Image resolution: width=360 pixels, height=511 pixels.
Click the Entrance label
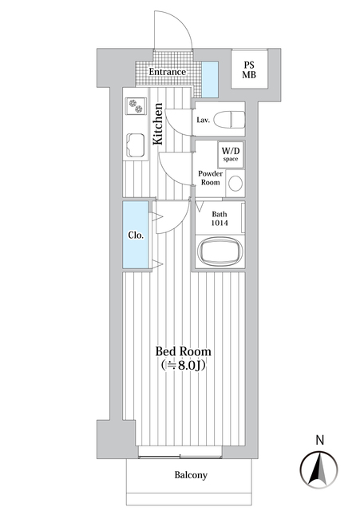click(x=168, y=72)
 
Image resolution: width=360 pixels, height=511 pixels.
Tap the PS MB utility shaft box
click(x=249, y=69)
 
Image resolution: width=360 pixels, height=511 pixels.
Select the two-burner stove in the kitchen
click(x=136, y=106)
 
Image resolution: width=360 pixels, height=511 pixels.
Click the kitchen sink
click(x=136, y=145)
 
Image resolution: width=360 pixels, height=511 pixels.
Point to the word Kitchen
click(x=158, y=124)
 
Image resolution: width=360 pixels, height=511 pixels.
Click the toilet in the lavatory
click(x=229, y=120)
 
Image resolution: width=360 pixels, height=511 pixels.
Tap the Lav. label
click(x=203, y=120)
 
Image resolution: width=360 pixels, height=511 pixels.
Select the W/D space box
click(x=231, y=154)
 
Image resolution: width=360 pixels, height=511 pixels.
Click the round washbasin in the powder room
click(x=235, y=184)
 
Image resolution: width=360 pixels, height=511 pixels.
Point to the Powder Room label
click(x=211, y=178)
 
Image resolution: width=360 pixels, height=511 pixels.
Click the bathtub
click(x=220, y=252)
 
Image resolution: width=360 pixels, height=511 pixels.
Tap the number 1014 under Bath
click(x=220, y=224)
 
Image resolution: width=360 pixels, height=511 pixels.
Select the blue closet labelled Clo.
click(x=136, y=235)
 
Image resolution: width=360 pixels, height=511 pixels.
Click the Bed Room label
click(x=183, y=351)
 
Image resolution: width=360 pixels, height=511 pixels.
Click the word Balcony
click(x=191, y=475)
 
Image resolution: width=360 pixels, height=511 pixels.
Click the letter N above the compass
click(x=320, y=440)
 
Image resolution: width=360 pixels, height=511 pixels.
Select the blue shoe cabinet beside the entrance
click(x=210, y=80)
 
